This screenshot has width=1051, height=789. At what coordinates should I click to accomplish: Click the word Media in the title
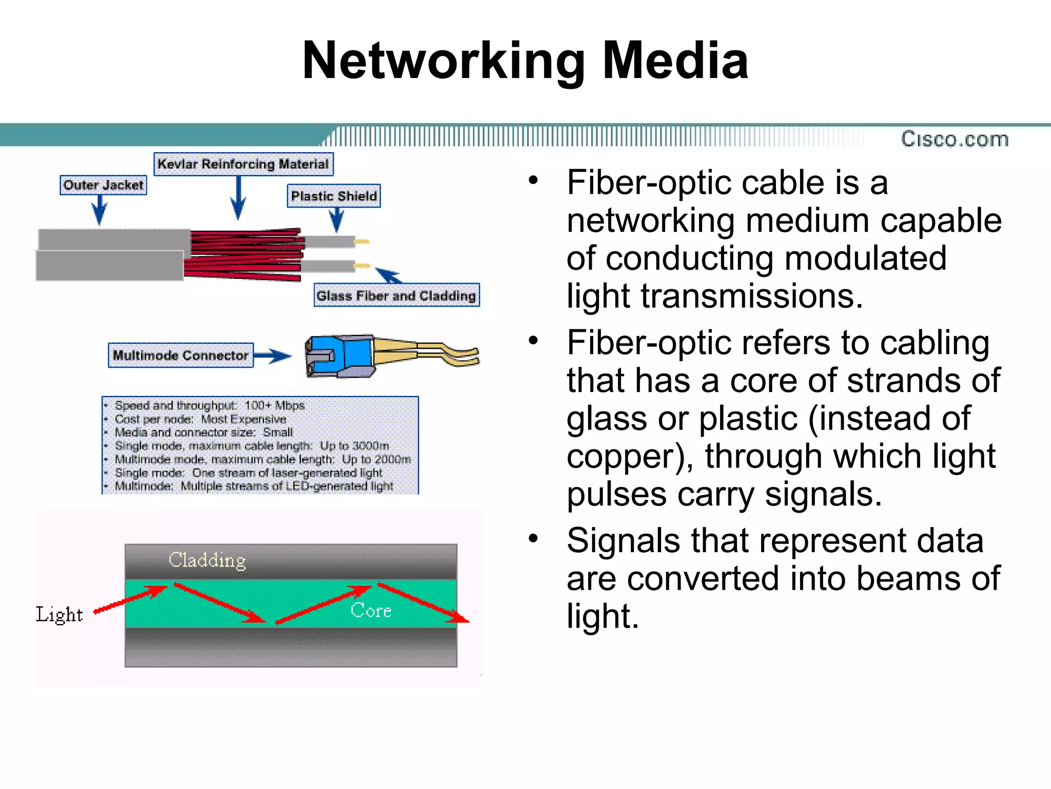pos(675,61)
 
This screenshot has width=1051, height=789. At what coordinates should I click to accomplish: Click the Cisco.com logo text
pos(955,139)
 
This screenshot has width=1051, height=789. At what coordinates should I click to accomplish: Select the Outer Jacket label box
pos(103,185)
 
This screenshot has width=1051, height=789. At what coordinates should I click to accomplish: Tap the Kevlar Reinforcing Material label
pos(243,164)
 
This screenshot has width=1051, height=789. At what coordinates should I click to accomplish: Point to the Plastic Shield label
pos(334,196)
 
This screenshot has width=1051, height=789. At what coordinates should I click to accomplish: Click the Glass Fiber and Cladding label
pos(396,295)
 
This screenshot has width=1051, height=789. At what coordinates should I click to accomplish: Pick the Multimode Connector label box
pos(181,355)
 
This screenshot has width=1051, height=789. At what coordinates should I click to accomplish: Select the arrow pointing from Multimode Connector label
pos(273,355)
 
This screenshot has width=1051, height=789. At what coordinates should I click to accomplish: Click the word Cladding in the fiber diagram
pos(207,560)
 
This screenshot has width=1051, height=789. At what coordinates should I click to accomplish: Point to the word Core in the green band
pos(371,610)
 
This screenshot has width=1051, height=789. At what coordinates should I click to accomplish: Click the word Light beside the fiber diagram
pos(59,615)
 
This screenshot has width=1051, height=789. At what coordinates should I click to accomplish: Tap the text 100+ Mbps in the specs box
pos(275,405)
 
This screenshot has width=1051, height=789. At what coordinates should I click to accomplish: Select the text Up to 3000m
pos(354,445)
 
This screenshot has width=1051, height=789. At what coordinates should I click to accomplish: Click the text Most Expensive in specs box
pos(243,419)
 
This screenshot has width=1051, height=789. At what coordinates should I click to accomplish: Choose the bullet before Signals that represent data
pos(533,539)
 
